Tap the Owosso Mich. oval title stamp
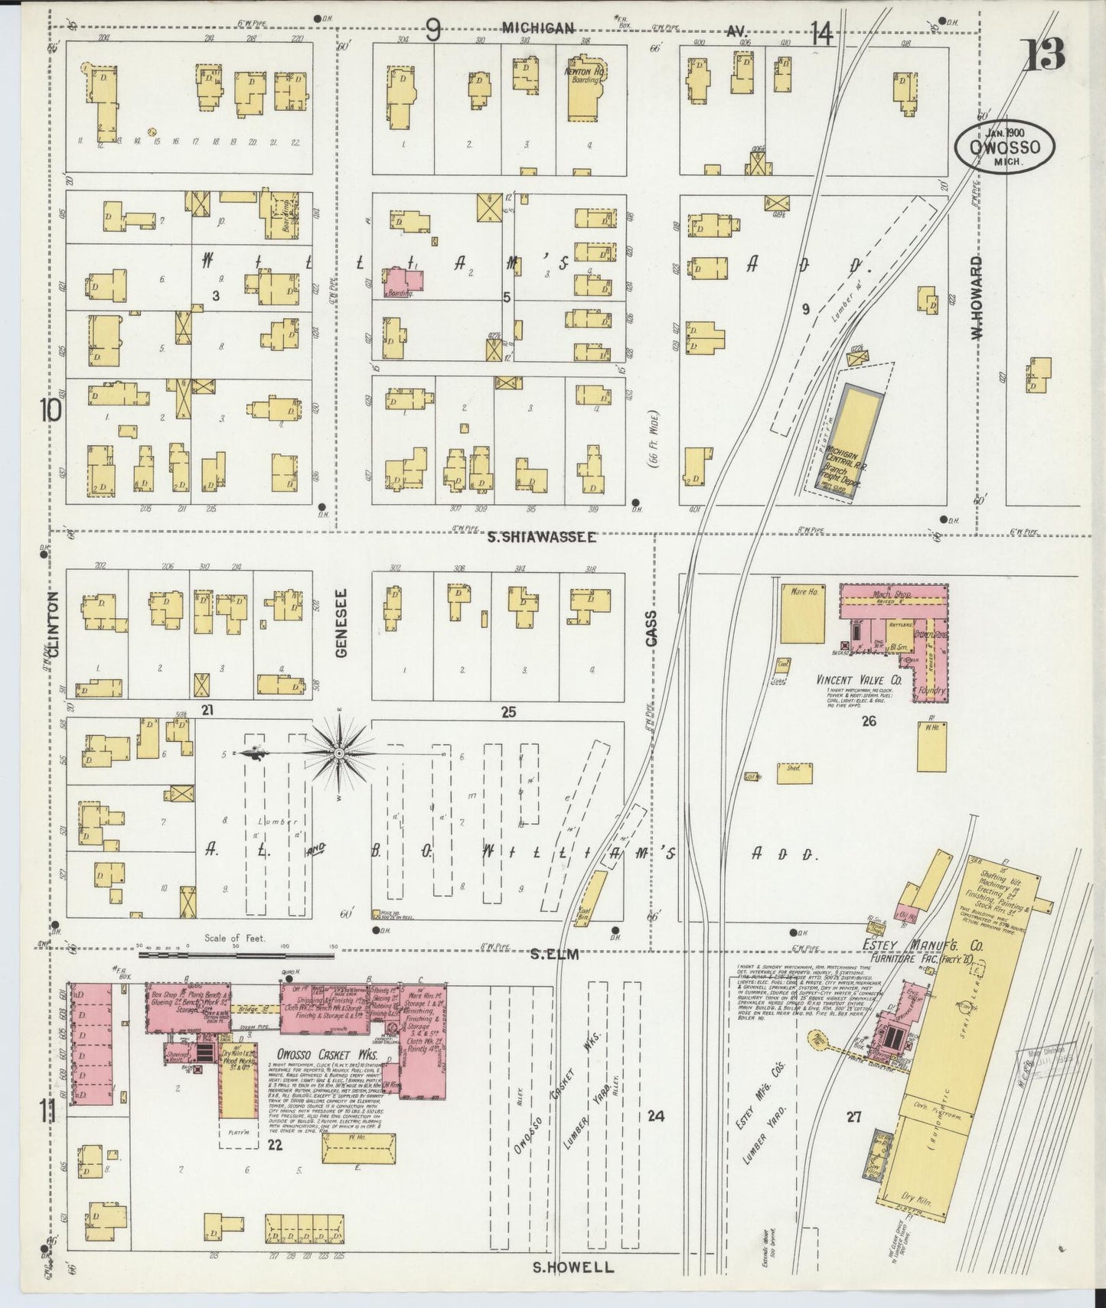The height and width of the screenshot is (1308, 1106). pyautogui.click(x=1003, y=146)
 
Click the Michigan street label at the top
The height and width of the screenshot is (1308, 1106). pyautogui.click(x=538, y=28)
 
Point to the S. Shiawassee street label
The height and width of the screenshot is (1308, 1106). pyautogui.click(x=542, y=538)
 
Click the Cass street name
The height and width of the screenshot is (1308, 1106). pyautogui.click(x=651, y=630)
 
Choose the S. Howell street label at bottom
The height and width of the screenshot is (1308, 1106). pyautogui.click(x=573, y=1267)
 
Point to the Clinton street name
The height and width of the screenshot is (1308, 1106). pyautogui.click(x=53, y=624)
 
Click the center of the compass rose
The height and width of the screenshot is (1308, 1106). pyautogui.click(x=338, y=753)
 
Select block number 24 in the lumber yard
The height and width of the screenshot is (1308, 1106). pyautogui.click(x=655, y=1116)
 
